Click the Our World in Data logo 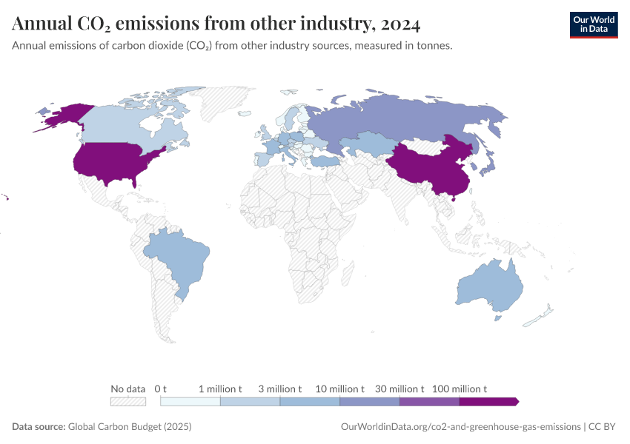coord(593,24)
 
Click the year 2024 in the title coord(399,24)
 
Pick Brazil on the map coord(178,259)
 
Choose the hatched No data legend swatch coord(127,401)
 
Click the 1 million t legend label coord(220,388)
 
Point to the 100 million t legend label coord(459,388)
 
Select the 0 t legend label coord(161,388)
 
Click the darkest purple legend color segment coord(488,401)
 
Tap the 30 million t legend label coord(399,388)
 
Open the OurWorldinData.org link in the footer coord(460,427)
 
